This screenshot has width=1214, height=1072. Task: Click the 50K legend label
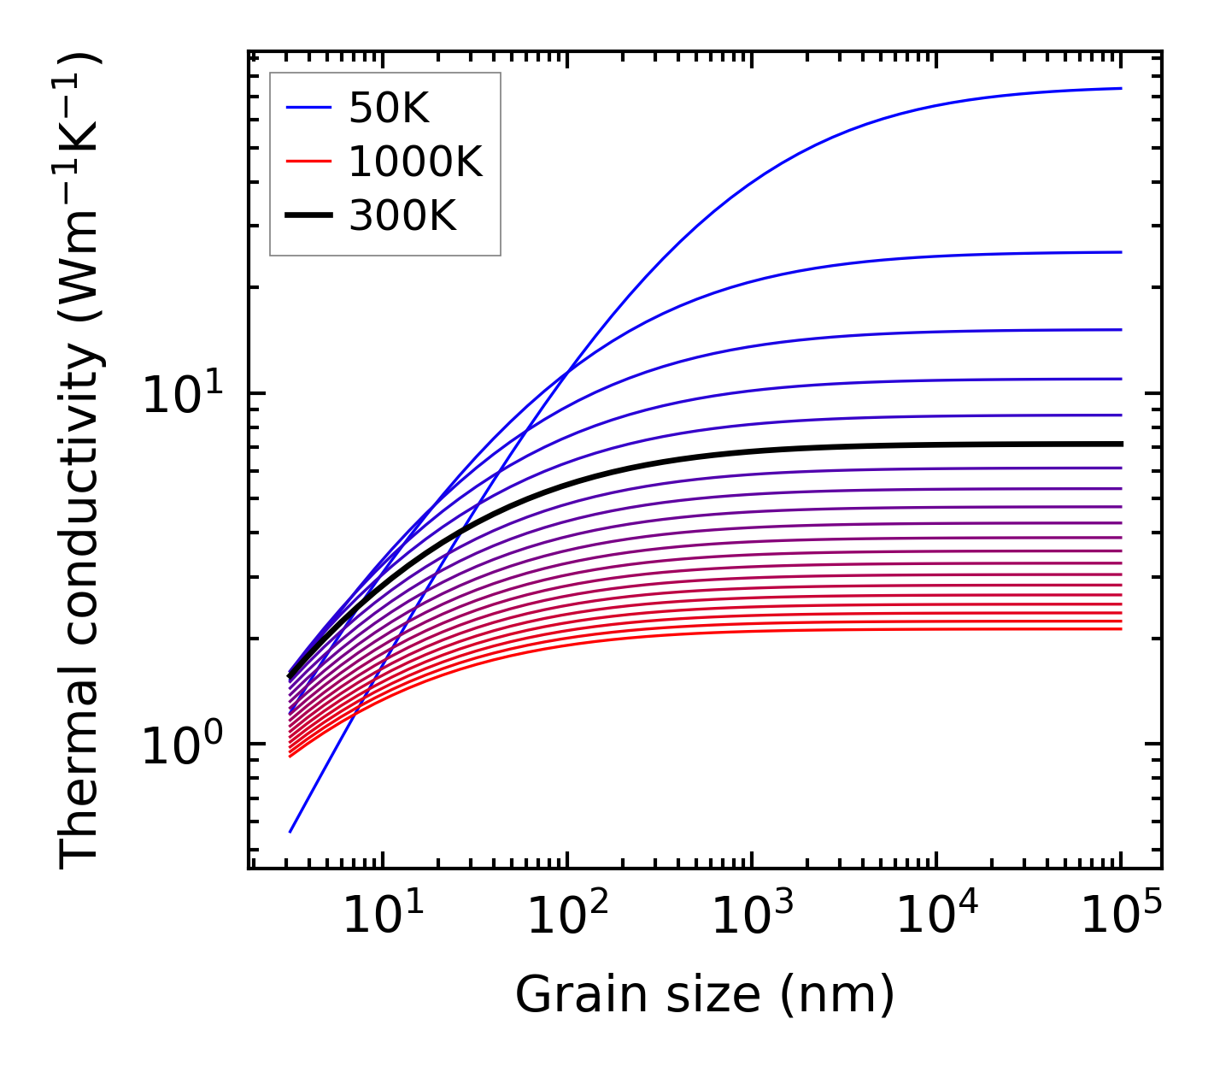tap(388, 108)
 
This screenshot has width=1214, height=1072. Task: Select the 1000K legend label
tap(415, 162)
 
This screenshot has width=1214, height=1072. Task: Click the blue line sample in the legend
tap(308, 108)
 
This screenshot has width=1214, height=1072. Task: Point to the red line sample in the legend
tap(308, 162)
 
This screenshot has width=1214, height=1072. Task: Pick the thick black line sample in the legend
tap(308, 216)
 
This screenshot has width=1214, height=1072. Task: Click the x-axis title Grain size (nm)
tap(705, 995)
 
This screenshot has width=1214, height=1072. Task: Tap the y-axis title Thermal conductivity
tap(81, 462)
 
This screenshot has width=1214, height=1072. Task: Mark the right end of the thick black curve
tap(1121, 444)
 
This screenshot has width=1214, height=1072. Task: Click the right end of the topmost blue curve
tap(1121, 88)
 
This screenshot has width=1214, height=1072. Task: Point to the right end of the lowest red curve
tap(1121, 629)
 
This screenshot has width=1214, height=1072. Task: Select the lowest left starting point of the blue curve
tap(290, 831)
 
